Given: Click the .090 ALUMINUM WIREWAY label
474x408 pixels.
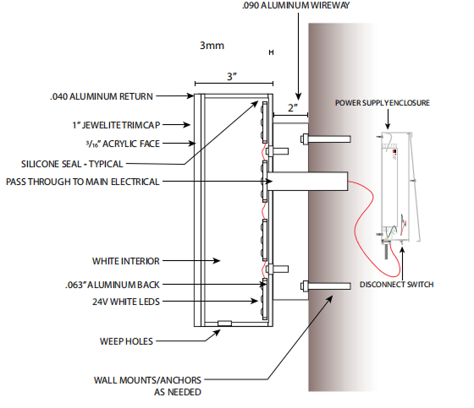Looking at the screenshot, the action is [295, 5].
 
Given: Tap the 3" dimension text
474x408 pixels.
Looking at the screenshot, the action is [232, 76].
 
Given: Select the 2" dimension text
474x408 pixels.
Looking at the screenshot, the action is [293, 108].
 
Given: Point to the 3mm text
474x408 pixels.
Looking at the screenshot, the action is [212, 46].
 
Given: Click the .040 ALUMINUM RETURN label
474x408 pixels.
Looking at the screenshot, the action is [102, 96].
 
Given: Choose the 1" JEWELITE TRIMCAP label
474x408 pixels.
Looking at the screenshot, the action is [116, 125].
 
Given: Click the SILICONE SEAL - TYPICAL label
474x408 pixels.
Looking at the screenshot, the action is [72, 164].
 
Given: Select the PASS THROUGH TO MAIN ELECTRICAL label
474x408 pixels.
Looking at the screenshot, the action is [83, 182].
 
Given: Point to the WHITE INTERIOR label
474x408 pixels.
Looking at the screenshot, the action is [126, 261].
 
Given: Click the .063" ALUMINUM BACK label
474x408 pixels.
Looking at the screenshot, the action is [112, 285].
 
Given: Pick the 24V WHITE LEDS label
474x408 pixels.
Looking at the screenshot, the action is [126, 302].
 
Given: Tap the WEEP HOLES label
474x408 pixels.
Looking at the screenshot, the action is [126, 341].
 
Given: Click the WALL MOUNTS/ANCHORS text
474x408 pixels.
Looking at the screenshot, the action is [147, 380].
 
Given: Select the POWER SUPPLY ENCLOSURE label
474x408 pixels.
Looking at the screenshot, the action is [383, 103].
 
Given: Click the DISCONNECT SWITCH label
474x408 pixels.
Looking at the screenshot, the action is [397, 285].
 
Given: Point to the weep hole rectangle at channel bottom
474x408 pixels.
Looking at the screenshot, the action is [224, 324].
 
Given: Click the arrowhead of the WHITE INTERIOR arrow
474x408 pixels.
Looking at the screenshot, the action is [217, 260].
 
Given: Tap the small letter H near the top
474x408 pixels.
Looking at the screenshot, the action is [271, 52].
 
